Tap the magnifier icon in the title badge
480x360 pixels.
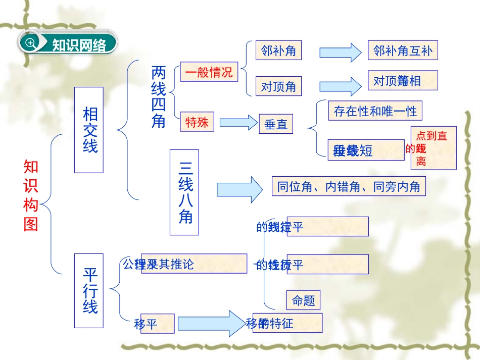click(x=31, y=43)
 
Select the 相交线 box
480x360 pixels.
click(x=89, y=130)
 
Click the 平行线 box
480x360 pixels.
click(x=89, y=291)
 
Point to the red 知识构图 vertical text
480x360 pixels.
click(x=31, y=195)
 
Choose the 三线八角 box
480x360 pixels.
click(x=184, y=192)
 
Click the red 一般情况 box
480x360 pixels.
click(x=209, y=72)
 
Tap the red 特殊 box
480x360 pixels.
click(x=197, y=122)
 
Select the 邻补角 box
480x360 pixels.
click(x=278, y=51)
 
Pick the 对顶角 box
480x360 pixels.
click(x=278, y=86)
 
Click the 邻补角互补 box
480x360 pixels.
click(x=403, y=51)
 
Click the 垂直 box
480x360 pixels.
click(x=276, y=124)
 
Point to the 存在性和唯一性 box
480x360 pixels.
click(x=375, y=111)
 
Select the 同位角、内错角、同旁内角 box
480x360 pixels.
click(x=349, y=187)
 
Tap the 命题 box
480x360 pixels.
click(x=303, y=300)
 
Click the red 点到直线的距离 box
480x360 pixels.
click(x=433, y=147)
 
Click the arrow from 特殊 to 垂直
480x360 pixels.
click(x=238, y=122)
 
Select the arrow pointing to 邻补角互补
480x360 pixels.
click(x=339, y=52)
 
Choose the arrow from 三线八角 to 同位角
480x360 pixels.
click(x=239, y=189)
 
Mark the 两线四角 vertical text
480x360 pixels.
click(x=158, y=97)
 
